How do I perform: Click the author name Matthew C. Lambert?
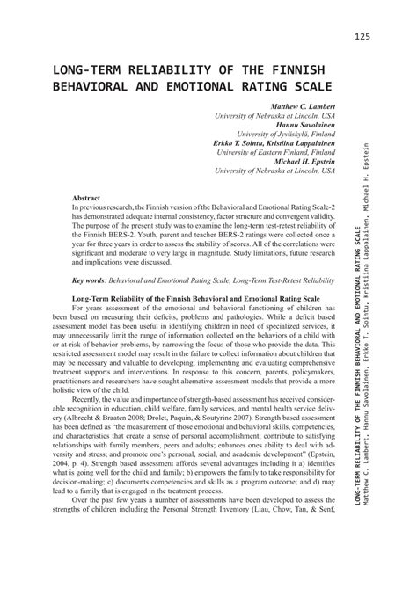pyautogui.click(x=292, y=106)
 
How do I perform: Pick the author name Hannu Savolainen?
pyautogui.click(x=296, y=125)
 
